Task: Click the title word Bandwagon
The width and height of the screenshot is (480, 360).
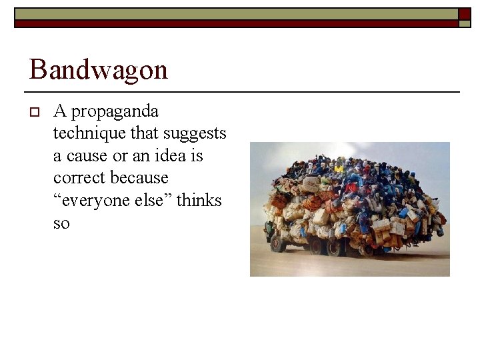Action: [x=99, y=69]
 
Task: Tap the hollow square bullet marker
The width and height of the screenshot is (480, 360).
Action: [x=35, y=111]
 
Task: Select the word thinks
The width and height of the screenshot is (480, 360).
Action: [x=198, y=201]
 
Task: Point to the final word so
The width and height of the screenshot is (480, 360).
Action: [x=61, y=223]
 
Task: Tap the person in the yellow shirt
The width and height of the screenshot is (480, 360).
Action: [x=339, y=168]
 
